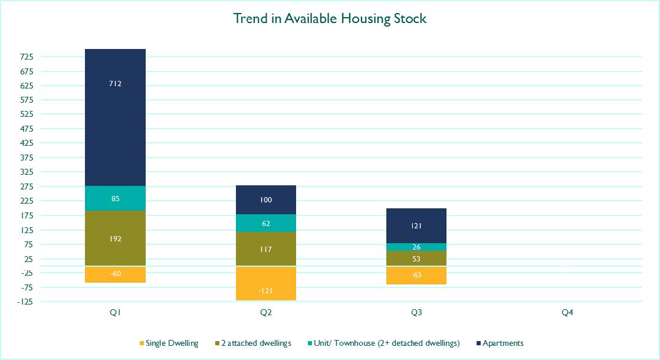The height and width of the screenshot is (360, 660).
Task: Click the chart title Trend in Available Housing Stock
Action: click(330, 18)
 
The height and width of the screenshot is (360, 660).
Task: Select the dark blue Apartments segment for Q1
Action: click(116, 117)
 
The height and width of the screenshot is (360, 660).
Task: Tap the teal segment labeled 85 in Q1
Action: click(116, 198)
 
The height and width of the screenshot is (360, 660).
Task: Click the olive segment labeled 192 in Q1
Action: click(116, 238)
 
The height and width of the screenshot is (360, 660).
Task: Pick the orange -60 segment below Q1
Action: click(116, 274)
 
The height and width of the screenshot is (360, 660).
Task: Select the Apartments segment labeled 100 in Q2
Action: click(266, 200)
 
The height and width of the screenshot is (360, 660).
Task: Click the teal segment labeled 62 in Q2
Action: click(266, 223)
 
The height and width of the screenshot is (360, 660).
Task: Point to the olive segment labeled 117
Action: click(266, 249)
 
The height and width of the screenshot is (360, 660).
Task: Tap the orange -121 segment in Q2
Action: click(266, 283)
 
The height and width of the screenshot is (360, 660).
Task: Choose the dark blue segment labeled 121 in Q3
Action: click(416, 225)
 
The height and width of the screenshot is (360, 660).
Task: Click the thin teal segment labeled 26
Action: click(416, 247)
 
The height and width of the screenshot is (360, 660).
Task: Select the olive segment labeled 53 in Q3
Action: click(416, 258)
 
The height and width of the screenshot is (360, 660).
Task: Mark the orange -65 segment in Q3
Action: click(416, 276)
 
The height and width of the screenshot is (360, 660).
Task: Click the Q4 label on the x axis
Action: click(567, 312)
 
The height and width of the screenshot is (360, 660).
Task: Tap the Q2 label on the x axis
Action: click(266, 312)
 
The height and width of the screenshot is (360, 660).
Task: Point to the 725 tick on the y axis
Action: click(27, 57)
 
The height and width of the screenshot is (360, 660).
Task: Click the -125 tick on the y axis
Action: click(25, 302)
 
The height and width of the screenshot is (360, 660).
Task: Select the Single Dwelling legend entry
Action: click(169, 343)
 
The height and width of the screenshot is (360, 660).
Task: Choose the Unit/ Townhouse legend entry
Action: click(383, 343)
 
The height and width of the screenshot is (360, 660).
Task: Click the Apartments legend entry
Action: click(500, 343)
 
